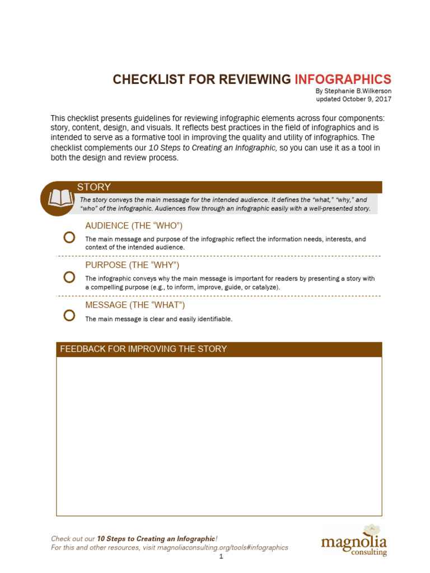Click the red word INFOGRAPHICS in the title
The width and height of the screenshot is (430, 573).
[x=343, y=79]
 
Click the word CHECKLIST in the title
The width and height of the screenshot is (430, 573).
[x=145, y=79]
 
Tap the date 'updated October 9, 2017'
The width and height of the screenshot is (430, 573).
[x=353, y=99]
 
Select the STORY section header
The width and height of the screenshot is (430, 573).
[x=94, y=187]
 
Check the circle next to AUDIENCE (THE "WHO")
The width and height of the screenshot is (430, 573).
[x=69, y=237]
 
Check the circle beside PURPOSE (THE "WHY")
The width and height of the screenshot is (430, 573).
[x=69, y=277]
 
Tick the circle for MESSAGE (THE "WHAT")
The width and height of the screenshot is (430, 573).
[x=69, y=316]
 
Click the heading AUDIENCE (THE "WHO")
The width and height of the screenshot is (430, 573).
[x=134, y=226]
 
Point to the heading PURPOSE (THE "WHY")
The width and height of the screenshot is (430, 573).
[x=132, y=265]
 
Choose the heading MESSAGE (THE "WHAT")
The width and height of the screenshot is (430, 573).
[x=135, y=305]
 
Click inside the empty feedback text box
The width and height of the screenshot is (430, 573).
[x=219, y=436]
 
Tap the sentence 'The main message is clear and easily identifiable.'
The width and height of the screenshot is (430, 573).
[x=158, y=319]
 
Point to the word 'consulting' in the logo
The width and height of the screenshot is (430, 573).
[x=368, y=552]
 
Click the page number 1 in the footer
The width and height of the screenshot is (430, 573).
[x=221, y=556]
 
